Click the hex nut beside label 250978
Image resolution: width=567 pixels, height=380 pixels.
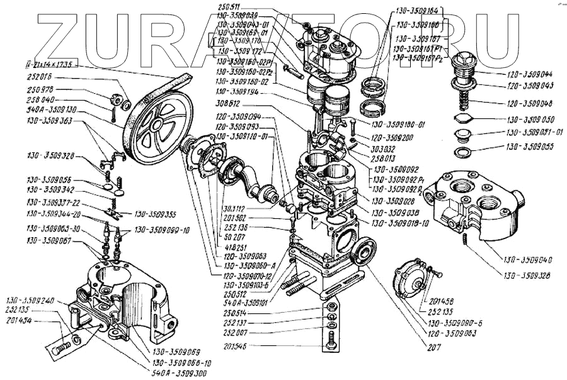point(117,99)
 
